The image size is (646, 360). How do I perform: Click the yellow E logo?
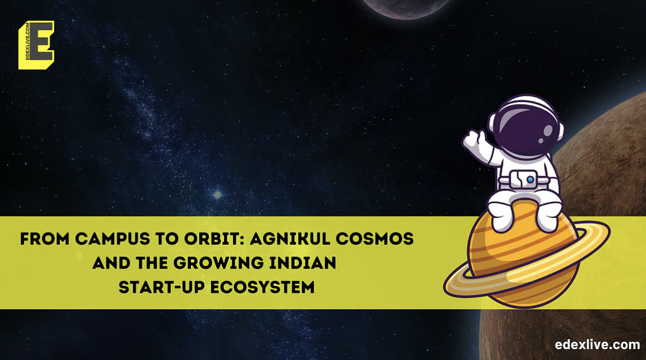(x=36, y=45)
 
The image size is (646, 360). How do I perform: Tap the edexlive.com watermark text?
(x=597, y=344)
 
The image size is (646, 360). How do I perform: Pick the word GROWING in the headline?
(x=218, y=263)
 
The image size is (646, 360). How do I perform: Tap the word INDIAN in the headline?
(x=303, y=263)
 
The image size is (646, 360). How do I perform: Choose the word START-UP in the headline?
(x=161, y=287)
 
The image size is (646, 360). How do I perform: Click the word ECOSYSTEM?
(x=262, y=287)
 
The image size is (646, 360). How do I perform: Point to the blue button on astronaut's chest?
(x=531, y=180)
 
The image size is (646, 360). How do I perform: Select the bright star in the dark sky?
(x=217, y=195)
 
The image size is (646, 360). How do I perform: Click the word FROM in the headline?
(x=45, y=239)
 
